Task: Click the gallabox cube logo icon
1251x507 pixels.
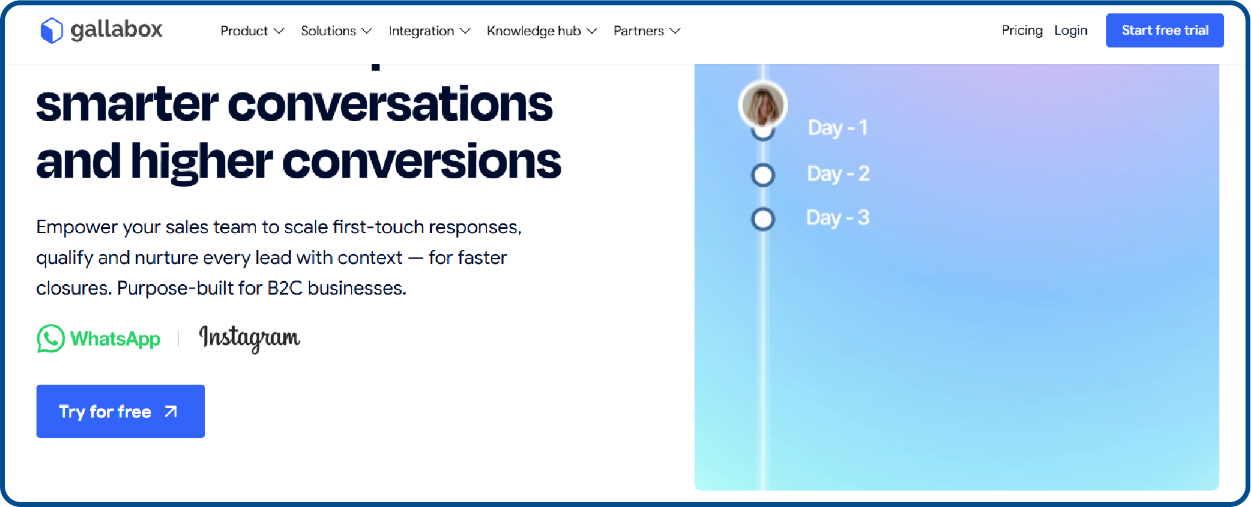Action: coord(51,30)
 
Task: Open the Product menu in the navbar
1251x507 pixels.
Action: coord(251,31)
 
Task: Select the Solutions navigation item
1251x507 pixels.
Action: coord(336,31)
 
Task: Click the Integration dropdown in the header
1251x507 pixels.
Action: coord(429,31)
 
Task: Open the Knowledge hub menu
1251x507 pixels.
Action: coord(541,31)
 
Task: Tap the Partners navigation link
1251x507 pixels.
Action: coord(646,31)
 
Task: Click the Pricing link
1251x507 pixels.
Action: coord(1022,30)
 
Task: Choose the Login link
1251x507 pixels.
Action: coord(1070,30)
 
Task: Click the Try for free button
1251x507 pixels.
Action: coord(120,411)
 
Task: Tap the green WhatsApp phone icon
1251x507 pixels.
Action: coord(50,338)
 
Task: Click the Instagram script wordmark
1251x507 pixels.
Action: coord(249,338)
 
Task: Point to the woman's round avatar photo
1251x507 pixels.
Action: coord(763,105)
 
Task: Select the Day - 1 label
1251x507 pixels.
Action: coord(837,128)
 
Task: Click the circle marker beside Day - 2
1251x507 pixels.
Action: coord(763,175)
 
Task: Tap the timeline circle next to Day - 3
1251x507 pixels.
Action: coord(763,219)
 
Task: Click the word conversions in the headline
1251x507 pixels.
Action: coord(421,162)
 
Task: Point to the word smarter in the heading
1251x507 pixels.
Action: coord(126,105)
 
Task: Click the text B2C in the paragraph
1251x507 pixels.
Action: coord(285,288)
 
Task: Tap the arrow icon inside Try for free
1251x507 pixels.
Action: coord(171,412)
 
